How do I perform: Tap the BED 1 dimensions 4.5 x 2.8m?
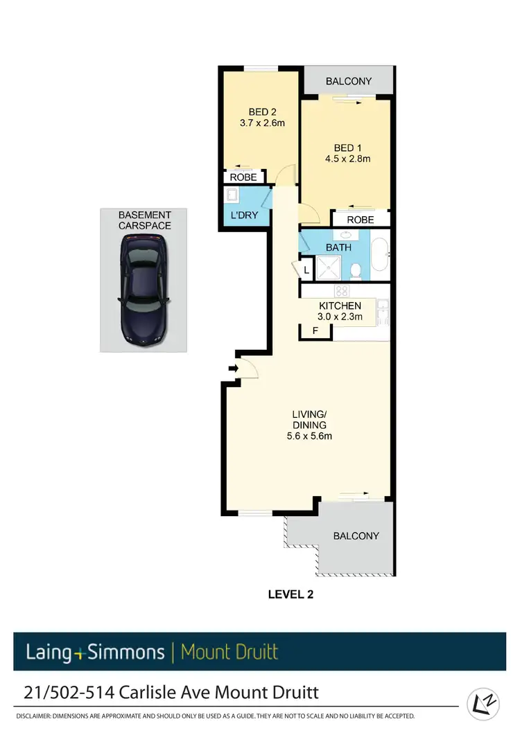352,159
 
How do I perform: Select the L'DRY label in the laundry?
244,215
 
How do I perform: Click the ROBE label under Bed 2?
243,177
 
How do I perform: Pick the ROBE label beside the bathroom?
360,220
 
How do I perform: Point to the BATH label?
339,247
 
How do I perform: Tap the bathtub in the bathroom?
381,256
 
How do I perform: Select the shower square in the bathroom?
327,268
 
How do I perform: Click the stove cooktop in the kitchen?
340,291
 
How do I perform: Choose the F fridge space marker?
315,331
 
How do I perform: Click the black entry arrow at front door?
233,369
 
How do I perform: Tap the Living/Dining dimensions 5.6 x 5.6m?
309,436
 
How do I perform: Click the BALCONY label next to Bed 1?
349,81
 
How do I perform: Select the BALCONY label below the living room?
356,535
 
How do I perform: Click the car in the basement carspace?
143,289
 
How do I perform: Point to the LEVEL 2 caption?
291,594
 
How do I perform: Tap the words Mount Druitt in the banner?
229,652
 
